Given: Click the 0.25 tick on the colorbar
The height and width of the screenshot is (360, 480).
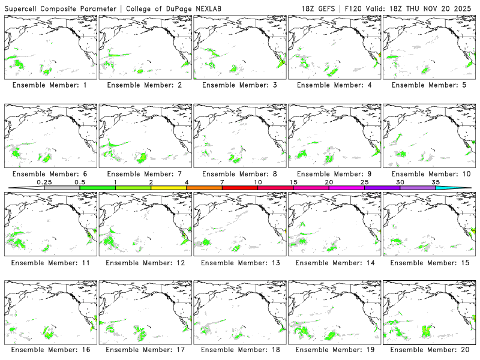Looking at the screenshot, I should pos(44,182).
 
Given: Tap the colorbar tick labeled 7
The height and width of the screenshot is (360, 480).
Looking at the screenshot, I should pos(222,182).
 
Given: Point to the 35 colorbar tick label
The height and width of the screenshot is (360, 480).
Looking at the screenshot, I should pos(436,182).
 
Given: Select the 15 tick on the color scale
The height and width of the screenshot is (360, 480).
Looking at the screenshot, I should pos(293,182).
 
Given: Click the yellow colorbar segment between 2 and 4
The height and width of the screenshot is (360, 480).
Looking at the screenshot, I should pos(169,188).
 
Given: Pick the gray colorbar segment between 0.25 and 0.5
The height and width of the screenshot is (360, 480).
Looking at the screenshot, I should pos(62,188).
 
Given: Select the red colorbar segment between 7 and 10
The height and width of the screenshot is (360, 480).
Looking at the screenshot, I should pos(240,188).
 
